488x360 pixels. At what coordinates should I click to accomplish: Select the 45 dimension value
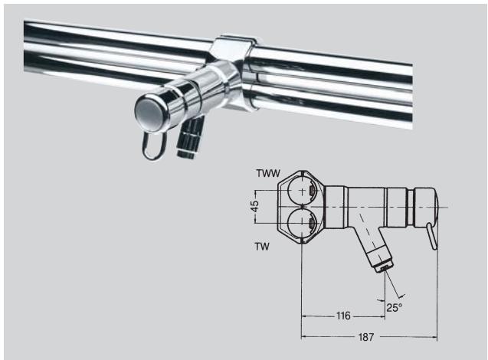pyautogui.click(x=257, y=207)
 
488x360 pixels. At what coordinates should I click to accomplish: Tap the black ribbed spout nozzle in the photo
pyautogui.click(x=186, y=138)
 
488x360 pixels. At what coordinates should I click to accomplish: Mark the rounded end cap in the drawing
pyautogui.click(x=429, y=206)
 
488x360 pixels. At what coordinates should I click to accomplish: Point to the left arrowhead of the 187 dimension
pyautogui.click(x=303, y=337)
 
